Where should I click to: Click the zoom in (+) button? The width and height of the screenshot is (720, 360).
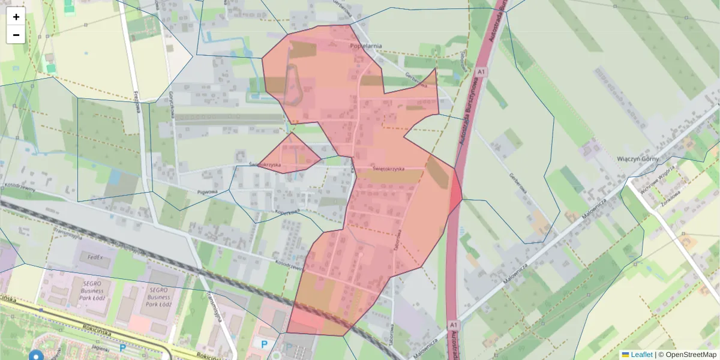16,17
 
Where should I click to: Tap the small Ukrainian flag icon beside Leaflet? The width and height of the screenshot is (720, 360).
625,355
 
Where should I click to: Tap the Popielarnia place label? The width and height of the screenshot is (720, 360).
366,45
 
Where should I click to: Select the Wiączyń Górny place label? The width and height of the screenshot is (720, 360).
638,159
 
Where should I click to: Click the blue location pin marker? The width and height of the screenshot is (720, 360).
37,356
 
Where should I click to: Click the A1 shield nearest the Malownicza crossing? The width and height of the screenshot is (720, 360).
454,325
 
